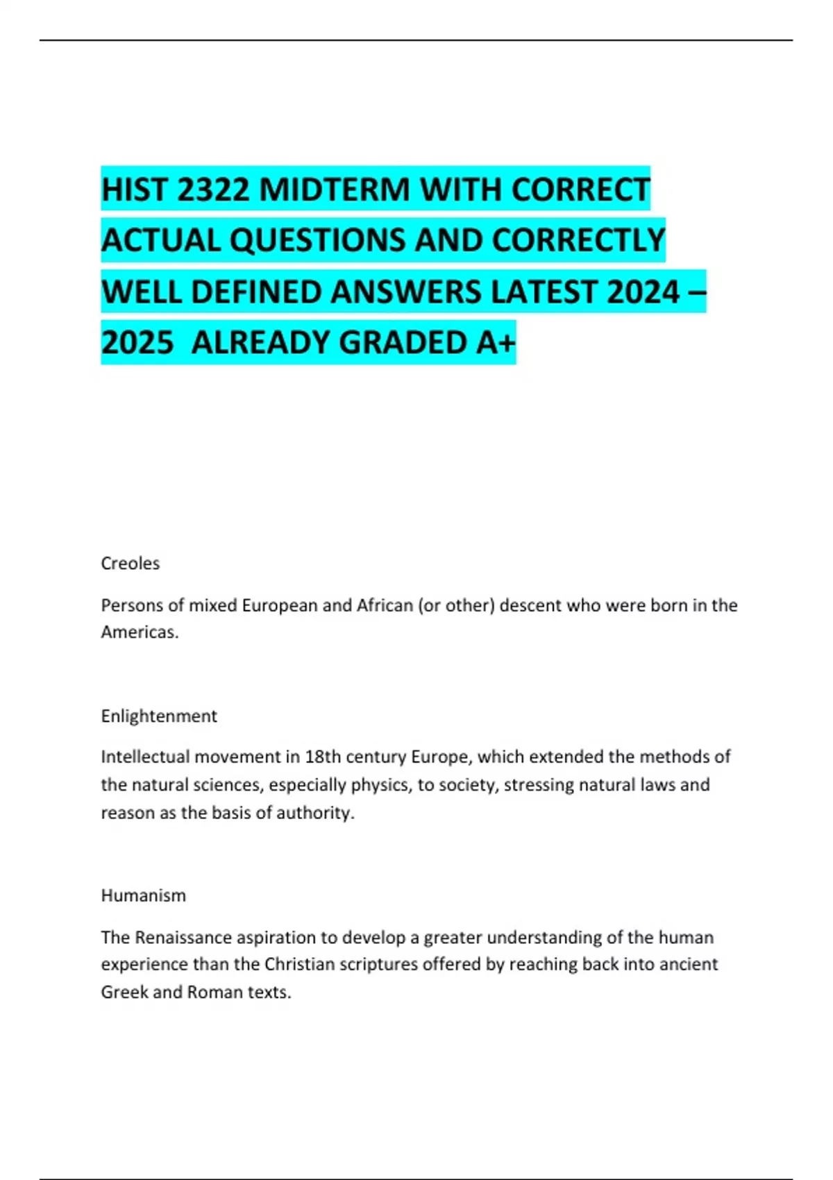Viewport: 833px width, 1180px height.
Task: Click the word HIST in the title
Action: (x=134, y=189)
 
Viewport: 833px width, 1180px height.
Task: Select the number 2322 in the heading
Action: (x=213, y=189)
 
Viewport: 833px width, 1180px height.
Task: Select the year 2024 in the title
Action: (x=643, y=292)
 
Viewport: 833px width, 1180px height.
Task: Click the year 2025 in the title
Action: (x=137, y=343)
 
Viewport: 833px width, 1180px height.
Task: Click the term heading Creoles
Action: (x=130, y=563)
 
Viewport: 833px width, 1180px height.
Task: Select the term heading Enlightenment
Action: (x=159, y=716)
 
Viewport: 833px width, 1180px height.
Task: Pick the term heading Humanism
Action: (x=143, y=895)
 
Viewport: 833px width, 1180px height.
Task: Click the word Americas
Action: (x=140, y=632)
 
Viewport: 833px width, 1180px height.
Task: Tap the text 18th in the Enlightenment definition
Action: (x=323, y=757)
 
